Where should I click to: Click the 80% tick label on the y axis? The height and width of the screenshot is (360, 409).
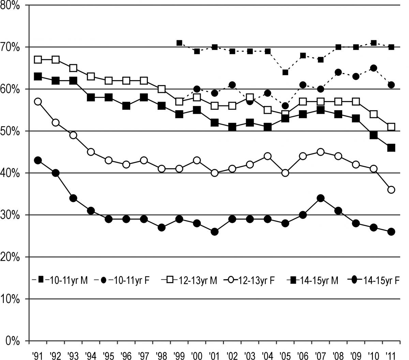pyautogui.click(x=13, y=6)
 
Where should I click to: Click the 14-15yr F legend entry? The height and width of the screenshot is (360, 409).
pyautogui.click(x=375, y=280)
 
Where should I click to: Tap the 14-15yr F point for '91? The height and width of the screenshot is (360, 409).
pyautogui.click(x=38, y=160)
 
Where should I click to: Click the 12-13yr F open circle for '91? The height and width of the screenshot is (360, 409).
pyautogui.click(x=38, y=102)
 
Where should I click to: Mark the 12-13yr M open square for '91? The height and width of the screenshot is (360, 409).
pyautogui.click(x=38, y=60)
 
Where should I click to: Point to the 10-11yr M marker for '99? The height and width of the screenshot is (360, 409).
pyautogui.click(x=179, y=43)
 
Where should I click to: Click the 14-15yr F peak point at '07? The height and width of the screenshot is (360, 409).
pyautogui.click(x=320, y=198)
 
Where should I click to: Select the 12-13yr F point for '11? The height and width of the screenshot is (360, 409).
pyautogui.click(x=391, y=190)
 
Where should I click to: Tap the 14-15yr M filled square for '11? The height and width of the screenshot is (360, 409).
pyautogui.click(x=391, y=148)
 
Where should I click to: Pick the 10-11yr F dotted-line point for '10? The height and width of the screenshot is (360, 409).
pyautogui.click(x=374, y=68)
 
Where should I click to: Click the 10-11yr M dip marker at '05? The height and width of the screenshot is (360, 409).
pyautogui.click(x=285, y=72)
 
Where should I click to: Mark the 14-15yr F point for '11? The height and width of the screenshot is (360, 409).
pyautogui.click(x=391, y=232)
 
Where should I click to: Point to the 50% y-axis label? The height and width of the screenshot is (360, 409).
pyautogui.click(x=13, y=131)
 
